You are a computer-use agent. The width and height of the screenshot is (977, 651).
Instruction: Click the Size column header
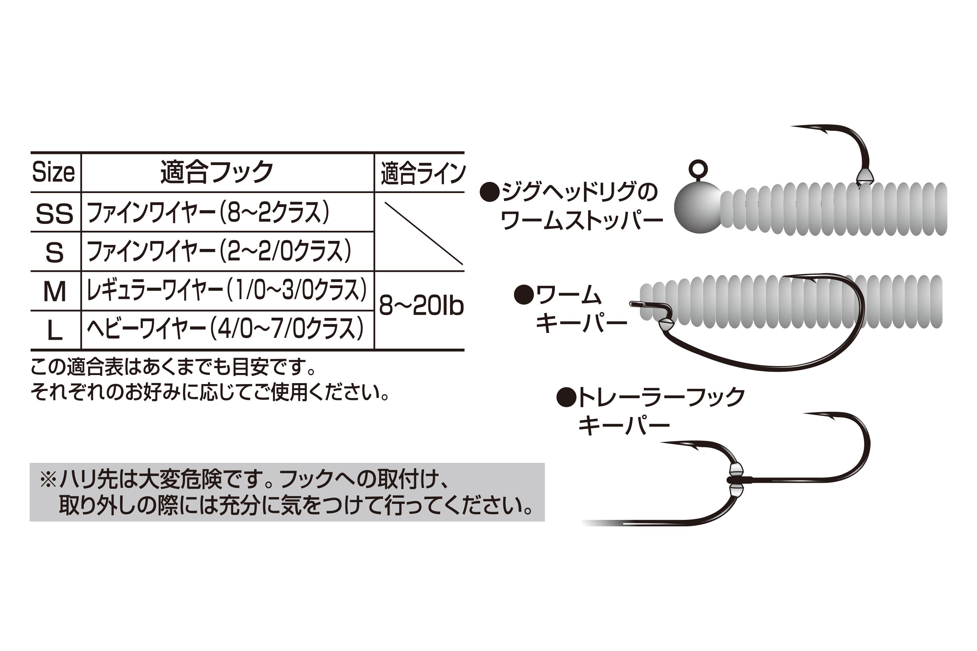coord(54,172)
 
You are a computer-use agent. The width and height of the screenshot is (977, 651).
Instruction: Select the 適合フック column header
coord(217,172)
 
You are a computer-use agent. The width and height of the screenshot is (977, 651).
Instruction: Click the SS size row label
coord(54,214)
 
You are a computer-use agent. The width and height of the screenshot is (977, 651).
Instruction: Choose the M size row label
coord(54,291)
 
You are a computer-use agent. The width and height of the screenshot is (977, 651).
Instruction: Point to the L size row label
coord(54,331)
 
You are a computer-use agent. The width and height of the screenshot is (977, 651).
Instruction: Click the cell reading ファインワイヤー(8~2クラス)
coord(208,212)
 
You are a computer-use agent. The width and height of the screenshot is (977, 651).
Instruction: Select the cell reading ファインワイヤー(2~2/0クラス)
coord(219,251)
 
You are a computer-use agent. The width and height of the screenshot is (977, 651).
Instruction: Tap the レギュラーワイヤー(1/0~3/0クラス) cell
coord(227,290)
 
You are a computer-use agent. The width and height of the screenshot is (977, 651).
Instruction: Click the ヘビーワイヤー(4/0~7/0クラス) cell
coord(225,328)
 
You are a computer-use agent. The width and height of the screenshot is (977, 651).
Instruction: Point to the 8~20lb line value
coord(421,306)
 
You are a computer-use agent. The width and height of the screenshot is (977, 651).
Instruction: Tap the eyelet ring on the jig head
coord(698,169)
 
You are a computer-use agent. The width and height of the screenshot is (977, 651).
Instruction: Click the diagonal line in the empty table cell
coord(424,233)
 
